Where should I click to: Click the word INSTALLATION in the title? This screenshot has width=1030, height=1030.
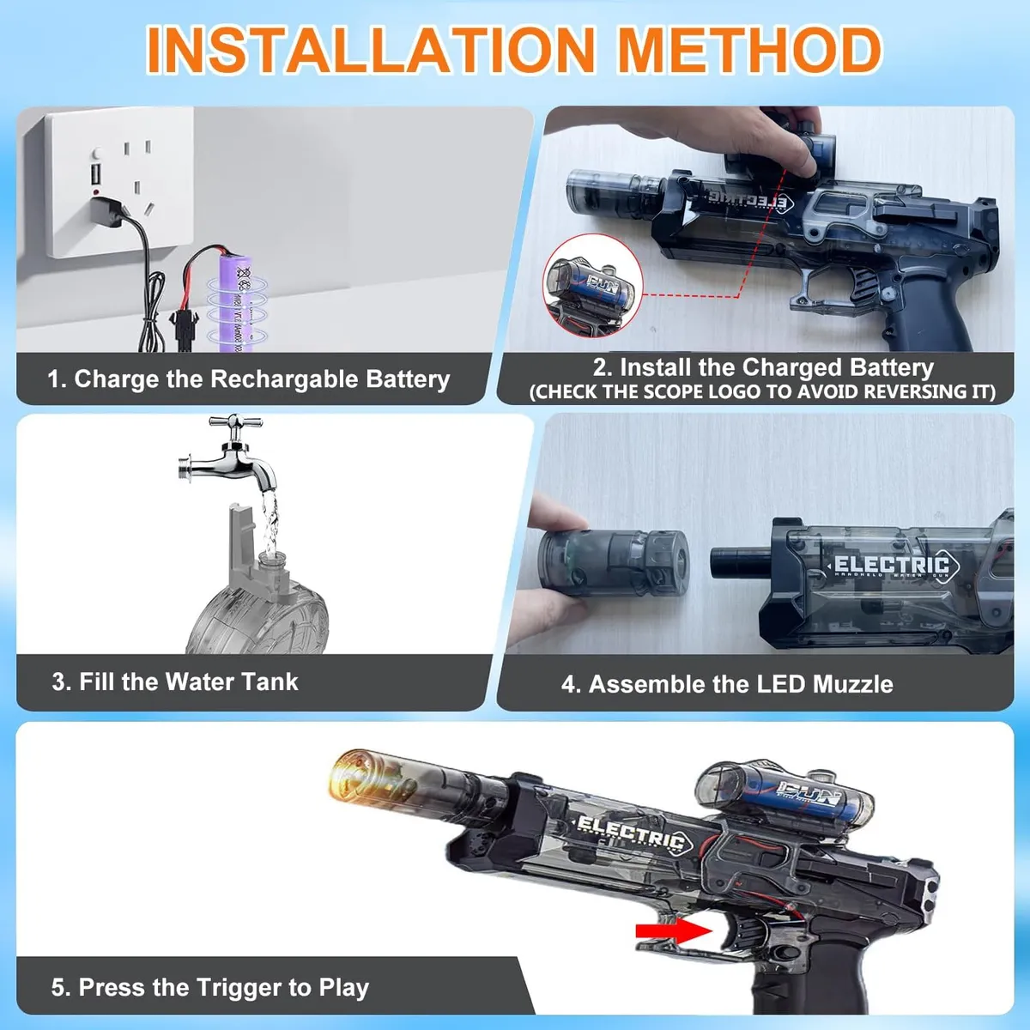371,49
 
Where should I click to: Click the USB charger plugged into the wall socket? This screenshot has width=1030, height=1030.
110,211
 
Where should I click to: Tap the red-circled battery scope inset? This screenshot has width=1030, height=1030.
592,287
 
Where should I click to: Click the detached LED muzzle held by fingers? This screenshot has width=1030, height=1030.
614,562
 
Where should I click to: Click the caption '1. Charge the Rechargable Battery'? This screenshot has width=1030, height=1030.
249,379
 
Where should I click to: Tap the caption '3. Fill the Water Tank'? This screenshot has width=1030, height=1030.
175,682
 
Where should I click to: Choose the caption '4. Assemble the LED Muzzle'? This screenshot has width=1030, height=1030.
727,684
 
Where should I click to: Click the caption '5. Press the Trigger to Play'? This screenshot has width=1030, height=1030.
210,988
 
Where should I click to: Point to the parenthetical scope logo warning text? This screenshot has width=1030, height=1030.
762,392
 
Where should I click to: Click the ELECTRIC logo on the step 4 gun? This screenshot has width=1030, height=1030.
891,565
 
